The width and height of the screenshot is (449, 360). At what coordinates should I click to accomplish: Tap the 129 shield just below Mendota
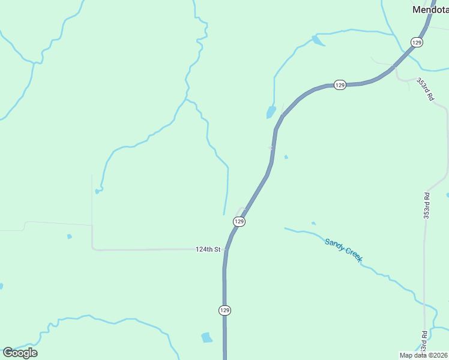[417, 42]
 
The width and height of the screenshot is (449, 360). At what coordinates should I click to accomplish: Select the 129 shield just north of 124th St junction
[239, 222]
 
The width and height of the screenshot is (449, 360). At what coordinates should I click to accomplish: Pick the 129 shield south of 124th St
[224, 310]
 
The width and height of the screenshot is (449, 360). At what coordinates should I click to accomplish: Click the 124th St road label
[208, 249]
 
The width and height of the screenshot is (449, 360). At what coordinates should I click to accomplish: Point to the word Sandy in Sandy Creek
[335, 245]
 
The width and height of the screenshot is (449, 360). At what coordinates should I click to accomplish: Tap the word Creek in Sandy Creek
[354, 256]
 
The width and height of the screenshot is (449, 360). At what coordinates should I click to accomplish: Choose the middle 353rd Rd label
[427, 206]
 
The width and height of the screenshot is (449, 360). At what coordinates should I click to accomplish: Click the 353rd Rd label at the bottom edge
[424, 342]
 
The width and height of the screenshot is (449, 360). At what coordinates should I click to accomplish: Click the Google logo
[20, 353]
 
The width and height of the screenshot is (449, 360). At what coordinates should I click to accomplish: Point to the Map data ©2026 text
[424, 355]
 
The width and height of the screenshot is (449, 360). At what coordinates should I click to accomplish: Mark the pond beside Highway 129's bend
[271, 112]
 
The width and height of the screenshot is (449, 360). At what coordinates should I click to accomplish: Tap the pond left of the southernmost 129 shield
[207, 337]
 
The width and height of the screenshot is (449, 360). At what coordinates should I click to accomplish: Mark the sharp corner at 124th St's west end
[92, 248]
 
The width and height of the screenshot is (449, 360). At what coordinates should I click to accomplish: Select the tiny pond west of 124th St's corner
[70, 236]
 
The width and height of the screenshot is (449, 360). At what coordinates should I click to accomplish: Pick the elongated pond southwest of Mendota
[316, 41]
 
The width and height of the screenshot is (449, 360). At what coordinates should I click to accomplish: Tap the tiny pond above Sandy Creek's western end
[313, 223]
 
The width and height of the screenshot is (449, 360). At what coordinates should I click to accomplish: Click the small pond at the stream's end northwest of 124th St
[97, 191]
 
